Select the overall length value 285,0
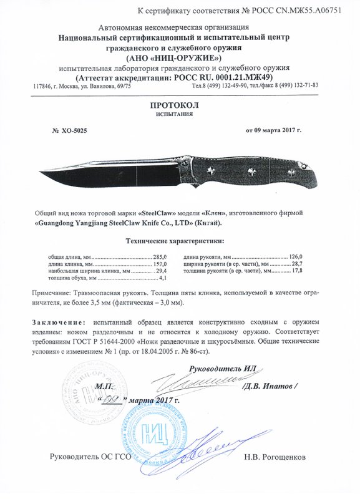162,256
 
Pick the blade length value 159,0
162,264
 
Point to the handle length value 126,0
294,256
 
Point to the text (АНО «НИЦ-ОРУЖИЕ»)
180,57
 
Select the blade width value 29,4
162,271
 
